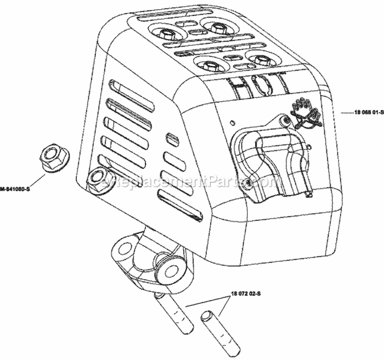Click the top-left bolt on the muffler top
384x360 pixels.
pyautogui.click(x=166, y=32)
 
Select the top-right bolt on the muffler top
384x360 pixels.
pyautogui.click(x=211, y=24)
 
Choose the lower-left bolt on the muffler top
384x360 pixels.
pyautogui.click(x=209, y=64)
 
